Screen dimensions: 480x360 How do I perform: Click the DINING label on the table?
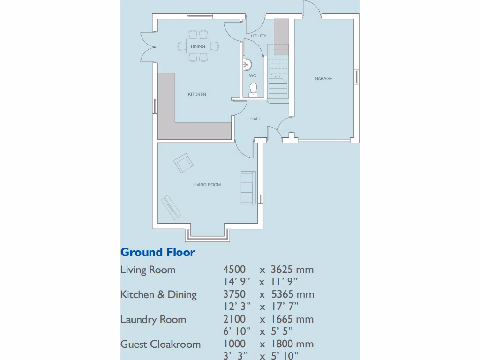198,46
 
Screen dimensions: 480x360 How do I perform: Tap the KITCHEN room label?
197,94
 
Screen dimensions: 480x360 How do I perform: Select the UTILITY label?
259,36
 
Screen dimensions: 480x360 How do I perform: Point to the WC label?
253,75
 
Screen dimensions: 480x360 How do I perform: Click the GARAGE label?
323,78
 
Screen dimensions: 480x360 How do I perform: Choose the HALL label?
255,119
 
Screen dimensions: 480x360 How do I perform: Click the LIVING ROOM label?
207,185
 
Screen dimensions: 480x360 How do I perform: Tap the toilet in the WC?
253,90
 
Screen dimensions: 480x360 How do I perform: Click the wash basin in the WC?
247,65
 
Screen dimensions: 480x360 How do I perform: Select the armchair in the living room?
184,163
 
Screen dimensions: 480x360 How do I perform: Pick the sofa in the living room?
248,187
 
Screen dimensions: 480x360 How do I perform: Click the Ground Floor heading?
157,252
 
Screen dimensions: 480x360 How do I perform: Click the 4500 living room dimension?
234,270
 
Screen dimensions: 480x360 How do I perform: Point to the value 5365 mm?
292,294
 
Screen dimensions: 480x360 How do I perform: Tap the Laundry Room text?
153,319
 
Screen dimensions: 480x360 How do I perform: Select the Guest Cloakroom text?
161,344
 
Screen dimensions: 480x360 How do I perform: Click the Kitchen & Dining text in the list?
158,294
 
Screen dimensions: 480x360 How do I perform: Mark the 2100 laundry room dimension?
234,319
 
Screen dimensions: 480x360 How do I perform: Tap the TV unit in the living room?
171,207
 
